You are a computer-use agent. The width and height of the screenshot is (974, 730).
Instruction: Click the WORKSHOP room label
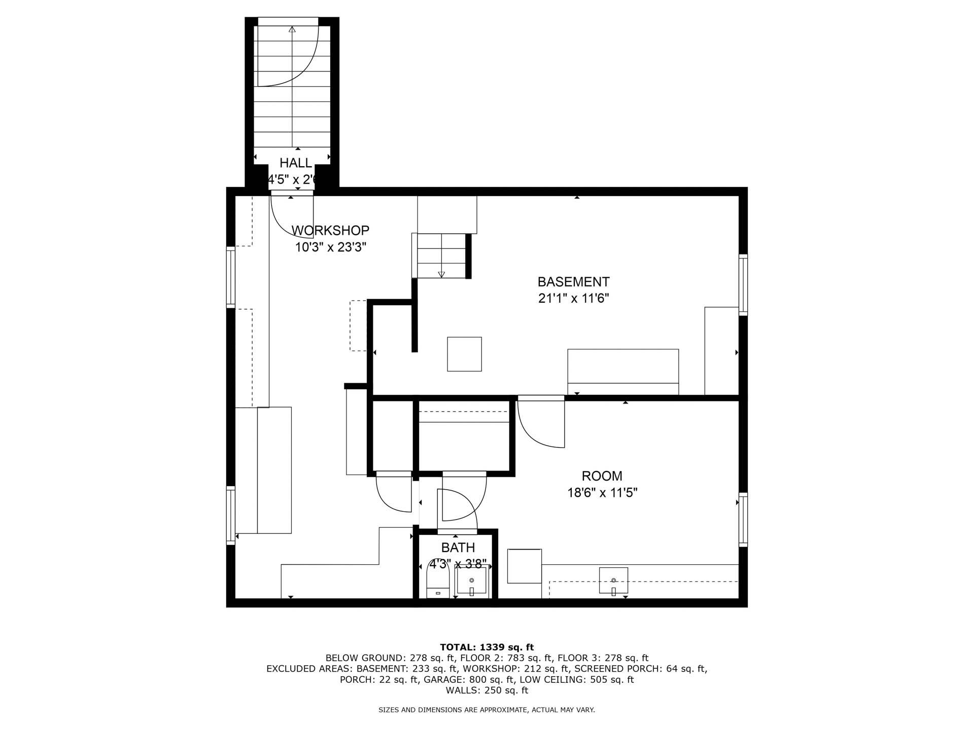[330, 231]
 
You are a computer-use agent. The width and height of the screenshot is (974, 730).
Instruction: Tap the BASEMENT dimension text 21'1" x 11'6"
[573, 299]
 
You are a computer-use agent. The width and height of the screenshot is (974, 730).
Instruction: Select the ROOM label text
[602, 476]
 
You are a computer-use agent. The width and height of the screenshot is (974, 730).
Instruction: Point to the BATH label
[458, 548]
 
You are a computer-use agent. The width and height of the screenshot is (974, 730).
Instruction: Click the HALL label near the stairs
[296, 163]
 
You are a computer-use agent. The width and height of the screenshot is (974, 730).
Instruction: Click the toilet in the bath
[438, 583]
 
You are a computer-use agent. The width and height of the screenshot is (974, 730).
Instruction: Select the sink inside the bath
[472, 582]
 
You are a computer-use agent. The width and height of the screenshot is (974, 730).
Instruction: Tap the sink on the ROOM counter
[613, 580]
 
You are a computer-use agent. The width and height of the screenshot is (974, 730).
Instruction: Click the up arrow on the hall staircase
[292, 29]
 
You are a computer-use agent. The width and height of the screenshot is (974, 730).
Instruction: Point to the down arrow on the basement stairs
[441, 274]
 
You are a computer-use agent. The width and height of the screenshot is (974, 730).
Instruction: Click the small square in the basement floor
[464, 354]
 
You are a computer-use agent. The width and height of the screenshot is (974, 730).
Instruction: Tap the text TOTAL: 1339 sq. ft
[486, 647]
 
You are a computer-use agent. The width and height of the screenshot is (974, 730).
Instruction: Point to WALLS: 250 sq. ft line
[486, 690]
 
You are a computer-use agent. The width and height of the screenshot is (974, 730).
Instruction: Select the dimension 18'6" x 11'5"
[602, 493]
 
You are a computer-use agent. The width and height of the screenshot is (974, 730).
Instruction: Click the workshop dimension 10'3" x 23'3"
[331, 248]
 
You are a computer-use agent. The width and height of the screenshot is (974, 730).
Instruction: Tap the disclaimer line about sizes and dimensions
[486, 710]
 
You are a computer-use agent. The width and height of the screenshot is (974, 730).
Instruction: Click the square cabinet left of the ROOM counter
[525, 566]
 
